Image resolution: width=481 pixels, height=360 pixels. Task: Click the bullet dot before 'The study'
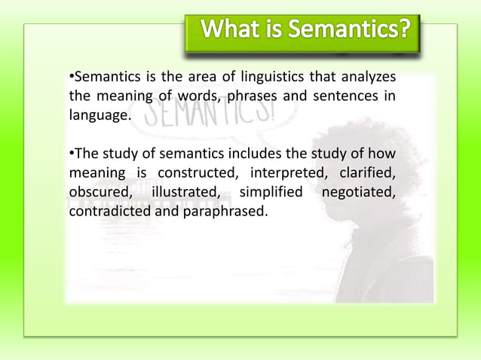[72, 155]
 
